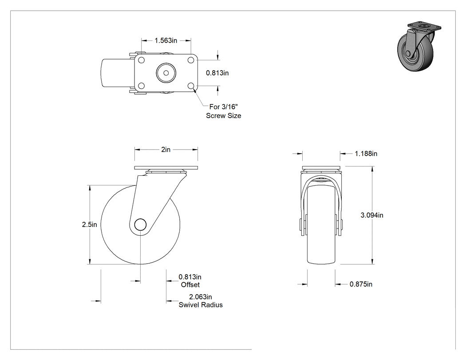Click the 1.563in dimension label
pos(166,40)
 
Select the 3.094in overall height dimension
pos(372,215)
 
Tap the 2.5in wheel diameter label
pos(90,225)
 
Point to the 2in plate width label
pos(166,150)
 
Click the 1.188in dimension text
pos(366,154)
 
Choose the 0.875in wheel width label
pos(361,284)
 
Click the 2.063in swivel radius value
pos(201,297)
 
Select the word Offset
pos(190,285)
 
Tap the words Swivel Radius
pos(201,305)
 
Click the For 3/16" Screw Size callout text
pos(224,111)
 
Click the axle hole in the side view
pos(140,225)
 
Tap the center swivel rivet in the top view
pos(166,73)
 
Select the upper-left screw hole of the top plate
pos(142,60)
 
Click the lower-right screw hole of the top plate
pos(190,86)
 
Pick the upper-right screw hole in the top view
pos(190,60)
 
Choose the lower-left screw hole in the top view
pos(142,86)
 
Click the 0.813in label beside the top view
pos(217,73)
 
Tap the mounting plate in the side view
pos(166,168)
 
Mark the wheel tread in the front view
pos(321,225)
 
